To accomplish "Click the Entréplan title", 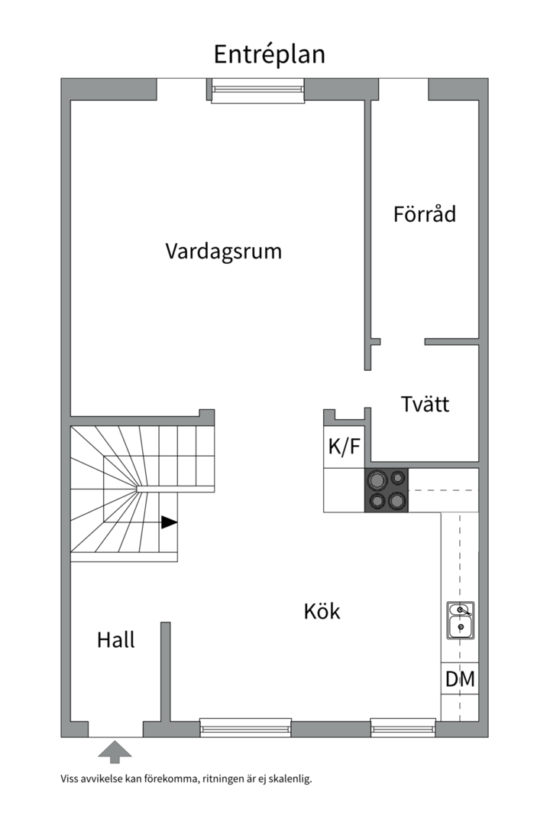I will tap(269, 54).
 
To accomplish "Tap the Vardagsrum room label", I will tap(223, 251).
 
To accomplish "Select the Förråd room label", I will tap(424, 213).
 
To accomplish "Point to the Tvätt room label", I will tap(425, 404).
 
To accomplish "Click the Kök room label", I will tap(322, 611).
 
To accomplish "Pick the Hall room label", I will tap(115, 639).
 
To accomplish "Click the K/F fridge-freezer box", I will tap(344, 447).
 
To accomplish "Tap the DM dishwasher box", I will tap(460, 678).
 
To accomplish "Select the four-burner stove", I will tap(387, 490).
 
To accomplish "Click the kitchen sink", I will tap(460, 620).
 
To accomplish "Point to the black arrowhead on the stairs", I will tap(169, 522).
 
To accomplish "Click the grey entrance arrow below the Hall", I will tap(115, 751).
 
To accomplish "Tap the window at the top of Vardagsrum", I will tap(257, 90).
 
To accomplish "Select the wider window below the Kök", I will tap(245, 727).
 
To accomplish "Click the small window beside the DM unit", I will tap(403, 727).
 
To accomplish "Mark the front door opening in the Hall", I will tap(115, 729).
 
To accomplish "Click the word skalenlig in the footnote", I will tap(289, 779).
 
